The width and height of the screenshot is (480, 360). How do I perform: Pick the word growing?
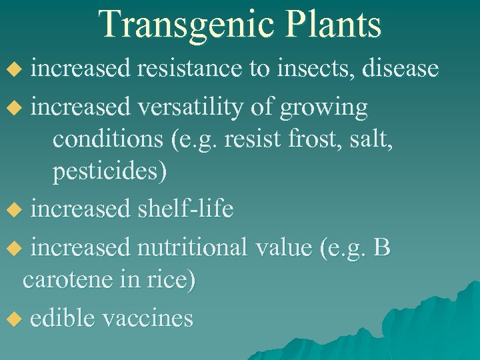click(x=325, y=109)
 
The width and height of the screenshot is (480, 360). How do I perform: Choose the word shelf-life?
click(x=185, y=209)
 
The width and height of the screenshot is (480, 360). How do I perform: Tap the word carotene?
click(x=63, y=279)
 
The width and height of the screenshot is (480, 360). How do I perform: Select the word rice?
click(x=173, y=279)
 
